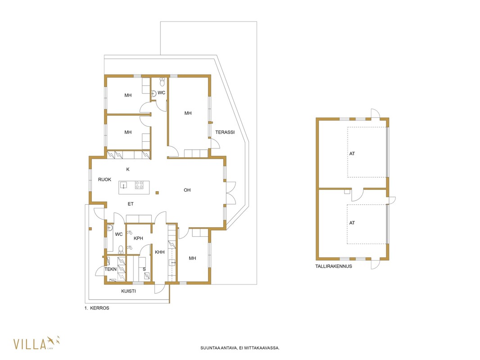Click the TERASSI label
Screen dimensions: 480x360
(x=225, y=132)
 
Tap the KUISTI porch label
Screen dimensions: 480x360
(x=129, y=291)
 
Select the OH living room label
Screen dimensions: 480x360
(x=187, y=190)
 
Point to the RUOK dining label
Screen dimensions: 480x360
(x=104, y=180)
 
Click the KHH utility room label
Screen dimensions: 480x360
(x=160, y=252)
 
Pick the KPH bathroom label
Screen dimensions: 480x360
(x=138, y=238)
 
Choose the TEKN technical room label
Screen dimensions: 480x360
(x=110, y=269)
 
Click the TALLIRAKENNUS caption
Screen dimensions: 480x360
(x=334, y=266)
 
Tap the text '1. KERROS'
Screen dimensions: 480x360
(x=97, y=308)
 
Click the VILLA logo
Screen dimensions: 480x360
(x=36, y=343)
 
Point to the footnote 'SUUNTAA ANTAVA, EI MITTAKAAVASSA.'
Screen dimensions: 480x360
(x=240, y=348)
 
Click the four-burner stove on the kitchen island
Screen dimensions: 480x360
(x=139, y=185)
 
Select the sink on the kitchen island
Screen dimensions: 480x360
(x=124, y=185)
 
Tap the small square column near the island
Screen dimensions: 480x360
(x=157, y=193)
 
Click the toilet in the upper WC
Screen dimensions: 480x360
(x=162, y=81)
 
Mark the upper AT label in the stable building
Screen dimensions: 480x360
(x=352, y=153)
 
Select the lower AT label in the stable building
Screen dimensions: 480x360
(x=352, y=223)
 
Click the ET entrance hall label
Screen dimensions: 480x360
(x=131, y=204)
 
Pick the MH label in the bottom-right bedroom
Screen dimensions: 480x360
(x=192, y=258)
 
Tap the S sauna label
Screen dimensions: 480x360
(x=144, y=269)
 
